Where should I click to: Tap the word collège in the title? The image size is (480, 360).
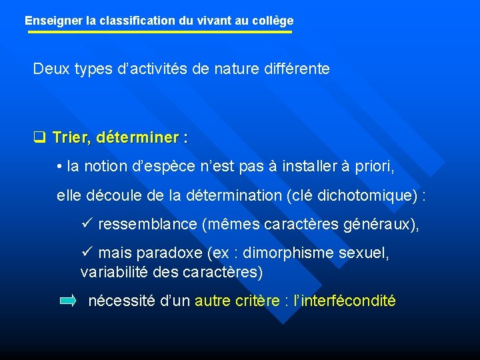[272, 21]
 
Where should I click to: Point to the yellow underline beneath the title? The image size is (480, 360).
[159, 31]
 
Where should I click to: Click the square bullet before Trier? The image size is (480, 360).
[39, 139]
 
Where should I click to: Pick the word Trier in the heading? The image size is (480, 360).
[70, 138]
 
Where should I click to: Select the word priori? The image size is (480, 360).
[374, 167]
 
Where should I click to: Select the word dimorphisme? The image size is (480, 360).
[299, 253]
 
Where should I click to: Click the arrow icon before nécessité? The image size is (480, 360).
[68, 301]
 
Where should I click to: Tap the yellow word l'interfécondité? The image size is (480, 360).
[349, 301]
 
